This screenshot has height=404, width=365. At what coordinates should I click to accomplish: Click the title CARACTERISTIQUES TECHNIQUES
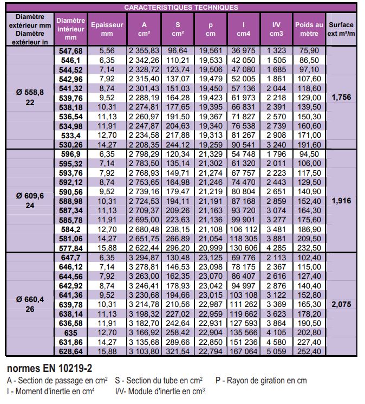(x=181, y=7)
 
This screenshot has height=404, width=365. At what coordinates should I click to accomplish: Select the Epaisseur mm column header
(x=107, y=29)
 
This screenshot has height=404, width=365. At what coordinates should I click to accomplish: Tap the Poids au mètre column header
(x=309, y=29)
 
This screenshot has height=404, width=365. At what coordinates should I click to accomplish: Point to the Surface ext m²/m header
(x=341, y=29)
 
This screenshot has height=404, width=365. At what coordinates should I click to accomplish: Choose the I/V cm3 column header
(x=276, y=29)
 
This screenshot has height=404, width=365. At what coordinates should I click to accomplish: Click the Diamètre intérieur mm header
(x=71, y=29)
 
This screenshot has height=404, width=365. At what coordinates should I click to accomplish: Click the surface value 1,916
(x=341, y=201)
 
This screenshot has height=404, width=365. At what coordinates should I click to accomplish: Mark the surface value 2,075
(x=341, y=304)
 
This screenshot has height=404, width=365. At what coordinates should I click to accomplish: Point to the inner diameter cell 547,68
(x=71, y=51)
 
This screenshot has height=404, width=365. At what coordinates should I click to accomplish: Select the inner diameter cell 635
(x=71, y=333)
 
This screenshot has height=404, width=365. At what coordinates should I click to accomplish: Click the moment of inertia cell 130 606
(x=243, y=248)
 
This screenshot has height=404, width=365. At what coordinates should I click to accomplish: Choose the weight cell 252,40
(x=309, y=351)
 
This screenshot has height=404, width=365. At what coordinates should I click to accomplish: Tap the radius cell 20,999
(x=211, y=248)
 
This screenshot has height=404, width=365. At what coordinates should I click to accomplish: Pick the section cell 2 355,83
(x=144, y=50)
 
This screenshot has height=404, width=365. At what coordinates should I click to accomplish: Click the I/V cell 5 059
(x=276, y=351)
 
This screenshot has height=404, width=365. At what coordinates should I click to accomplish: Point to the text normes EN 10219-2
(x=49, y=368)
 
